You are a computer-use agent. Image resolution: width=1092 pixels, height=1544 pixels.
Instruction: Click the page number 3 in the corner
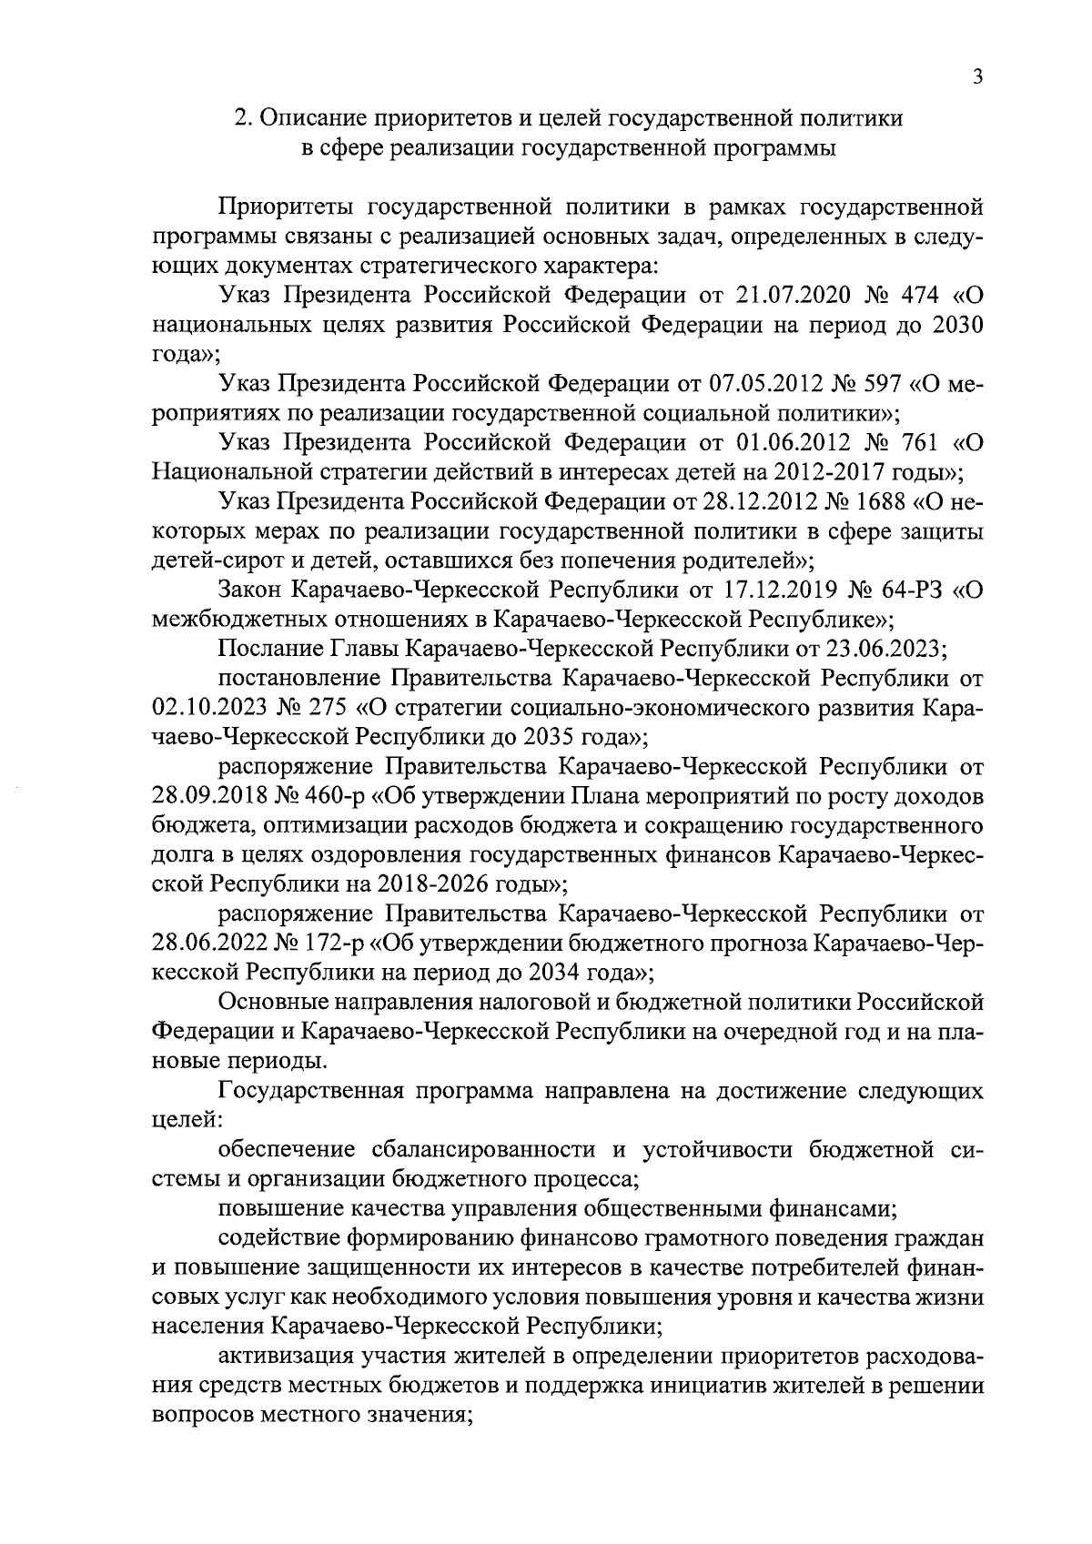[976, 79]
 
